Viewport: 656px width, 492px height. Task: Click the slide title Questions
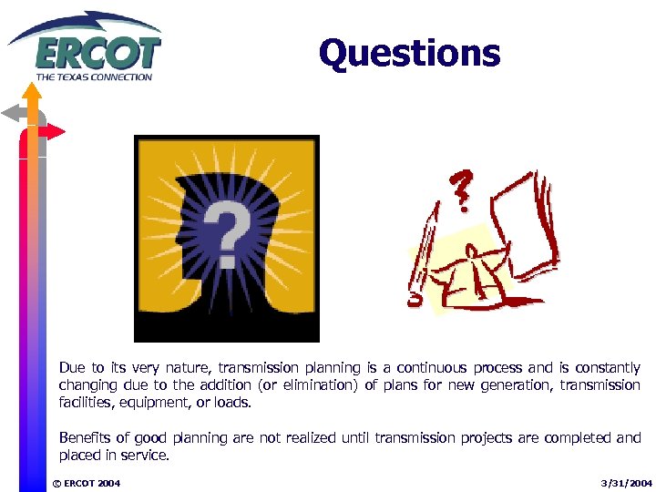pos(409,53)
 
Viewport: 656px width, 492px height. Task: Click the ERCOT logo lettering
pos(97,53)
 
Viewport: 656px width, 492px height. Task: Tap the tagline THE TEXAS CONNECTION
pos(94,77)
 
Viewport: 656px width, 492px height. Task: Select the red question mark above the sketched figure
pos(462,190)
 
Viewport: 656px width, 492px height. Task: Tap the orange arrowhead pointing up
pos(34,91)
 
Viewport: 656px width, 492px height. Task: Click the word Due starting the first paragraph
pos(72,368)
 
